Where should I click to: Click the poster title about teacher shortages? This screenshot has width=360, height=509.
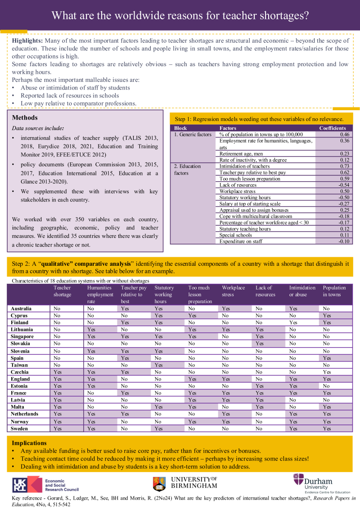180,15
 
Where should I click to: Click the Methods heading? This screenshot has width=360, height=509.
25,118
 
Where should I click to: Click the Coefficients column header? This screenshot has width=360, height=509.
333,128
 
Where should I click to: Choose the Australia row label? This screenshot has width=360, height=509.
21,309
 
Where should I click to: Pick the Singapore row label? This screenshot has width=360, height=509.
22,336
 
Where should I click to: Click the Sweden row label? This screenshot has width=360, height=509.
20,429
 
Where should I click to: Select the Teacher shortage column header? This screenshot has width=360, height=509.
63,291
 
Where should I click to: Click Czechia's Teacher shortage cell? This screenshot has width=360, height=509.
58,372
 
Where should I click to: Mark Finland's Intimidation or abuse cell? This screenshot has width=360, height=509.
293,322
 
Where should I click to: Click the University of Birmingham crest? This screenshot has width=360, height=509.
159,484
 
